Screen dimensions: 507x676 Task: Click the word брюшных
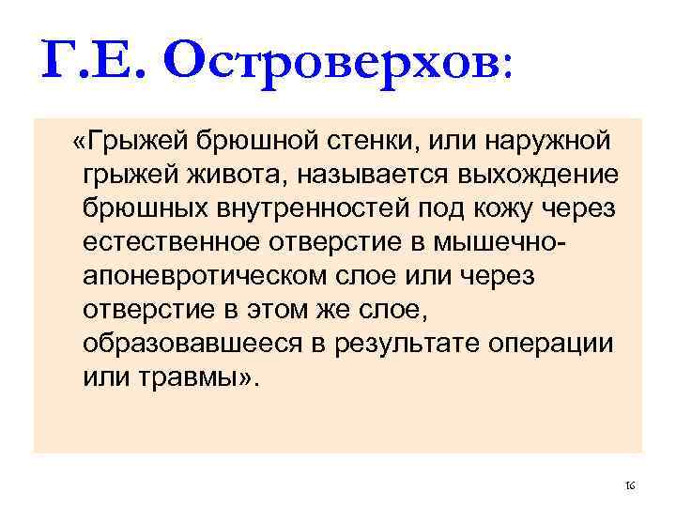[141, 209]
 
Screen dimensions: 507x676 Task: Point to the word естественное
[170, 243]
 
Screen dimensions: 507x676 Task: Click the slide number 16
[630, 485]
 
